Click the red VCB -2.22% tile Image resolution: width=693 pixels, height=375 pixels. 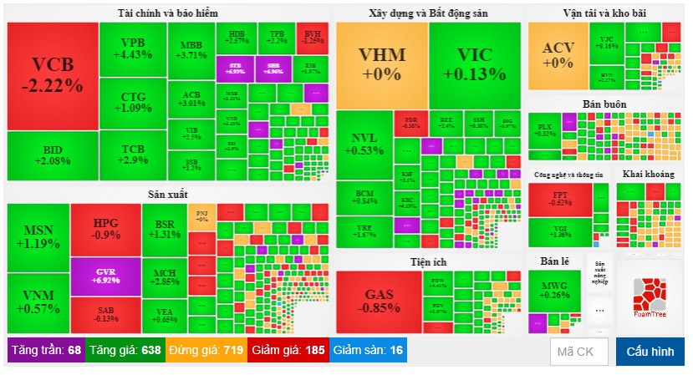tap(52, 74)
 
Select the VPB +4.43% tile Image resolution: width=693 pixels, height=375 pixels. tap(132, 48)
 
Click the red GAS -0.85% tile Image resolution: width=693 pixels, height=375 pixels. tap(376, 301)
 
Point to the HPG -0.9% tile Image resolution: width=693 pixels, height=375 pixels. tap(105, 229)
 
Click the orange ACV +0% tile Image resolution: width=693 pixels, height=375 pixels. tap(558, 54)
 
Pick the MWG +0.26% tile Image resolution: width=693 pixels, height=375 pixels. tap(555, 288)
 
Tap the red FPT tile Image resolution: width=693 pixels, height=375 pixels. tap(561, 199)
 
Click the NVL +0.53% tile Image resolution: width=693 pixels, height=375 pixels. tap(363, 144)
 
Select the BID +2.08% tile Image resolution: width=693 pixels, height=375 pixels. tap(52, 155)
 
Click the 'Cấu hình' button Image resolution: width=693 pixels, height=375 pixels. tap(650, 352)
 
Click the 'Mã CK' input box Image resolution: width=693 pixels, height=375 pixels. tap(578, 352)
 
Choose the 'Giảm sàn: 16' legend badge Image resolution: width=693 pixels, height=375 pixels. tap(368, 350)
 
